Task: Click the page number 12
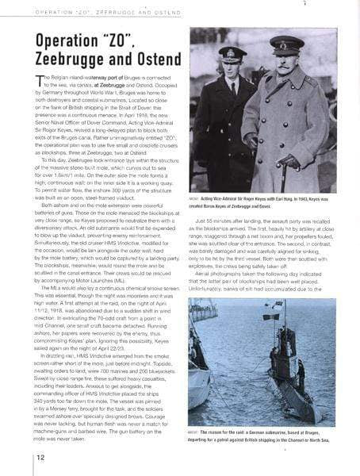coord(39,458)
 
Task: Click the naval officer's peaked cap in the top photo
coord(232,53)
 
